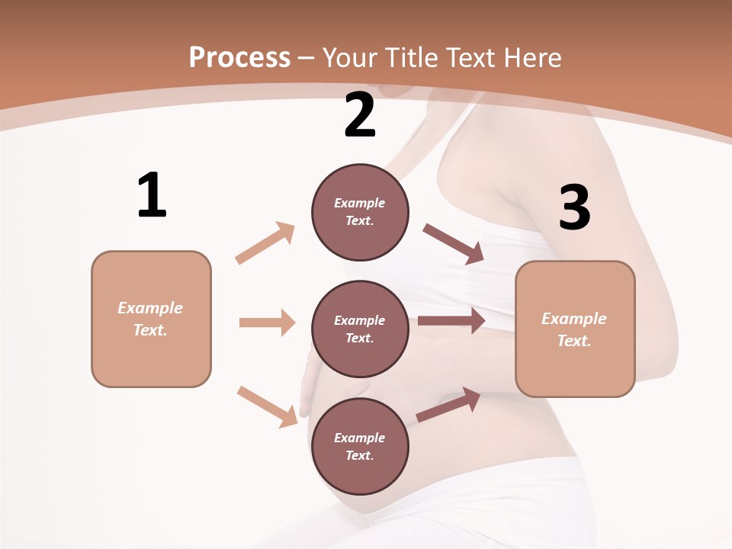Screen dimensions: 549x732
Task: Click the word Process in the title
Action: point(239,57)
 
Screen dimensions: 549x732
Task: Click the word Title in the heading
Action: point(412,57)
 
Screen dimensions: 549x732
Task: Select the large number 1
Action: point(152,195)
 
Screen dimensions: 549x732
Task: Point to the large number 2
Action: point(360,115)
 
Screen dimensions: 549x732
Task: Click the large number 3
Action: point(575,207)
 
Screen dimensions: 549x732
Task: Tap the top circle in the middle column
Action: point(360,212)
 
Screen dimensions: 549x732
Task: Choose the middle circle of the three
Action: point(360,329)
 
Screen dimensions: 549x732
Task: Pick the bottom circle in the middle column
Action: point(360,447)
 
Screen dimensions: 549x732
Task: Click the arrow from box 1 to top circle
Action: point(265,242)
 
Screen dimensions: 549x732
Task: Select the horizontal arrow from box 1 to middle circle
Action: point(267,323)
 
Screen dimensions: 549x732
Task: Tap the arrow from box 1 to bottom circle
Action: point(267,406)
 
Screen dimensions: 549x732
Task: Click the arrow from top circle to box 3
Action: point(454,243)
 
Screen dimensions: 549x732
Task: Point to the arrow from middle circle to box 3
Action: point(451,321)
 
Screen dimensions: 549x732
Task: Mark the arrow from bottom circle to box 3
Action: point(448,404)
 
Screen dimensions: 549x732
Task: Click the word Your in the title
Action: point(351,57)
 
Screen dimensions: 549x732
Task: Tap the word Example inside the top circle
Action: point(360,203)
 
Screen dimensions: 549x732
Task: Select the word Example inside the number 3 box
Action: point(574,319)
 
